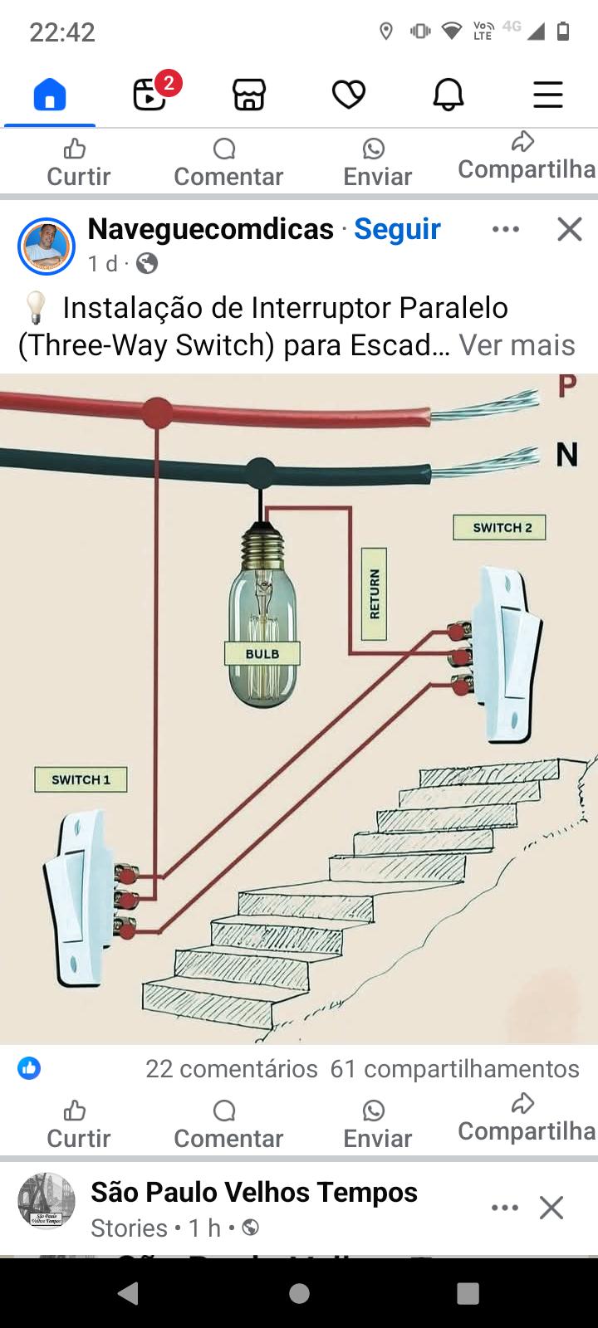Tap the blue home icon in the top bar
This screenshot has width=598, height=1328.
pyautogui.click(x=50, y=94)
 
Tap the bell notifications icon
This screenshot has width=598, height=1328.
pyautogui.click(x=448, y=95)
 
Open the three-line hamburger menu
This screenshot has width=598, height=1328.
pyautogui.click(x=548, y=95)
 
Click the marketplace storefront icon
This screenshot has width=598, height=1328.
pyautogui.click(x=249, y=95)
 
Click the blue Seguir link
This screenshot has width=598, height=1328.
pyautogui.click(x=397, y=229)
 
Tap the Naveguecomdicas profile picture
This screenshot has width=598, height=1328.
pyautogui.click(x=47, y=247)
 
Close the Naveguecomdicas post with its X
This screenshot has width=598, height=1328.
pyautogui.click(x=570, y=229)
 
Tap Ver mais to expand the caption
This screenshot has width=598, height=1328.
pyautogui.click(x=517, y=345)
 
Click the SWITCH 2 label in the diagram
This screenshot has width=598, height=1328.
pyautogui.click(x=500, y=528)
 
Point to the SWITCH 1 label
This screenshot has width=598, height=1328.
pyautogui.click(x=81, y=780)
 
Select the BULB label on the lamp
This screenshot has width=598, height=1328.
pyautogui.click(x=262, y=654)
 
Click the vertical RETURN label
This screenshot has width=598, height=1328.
pyautogui.click(x=375, y=594)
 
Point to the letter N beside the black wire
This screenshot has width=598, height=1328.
pyautogui.click(x=566, y=455)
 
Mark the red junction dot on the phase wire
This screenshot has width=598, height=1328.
pyautogui.click(x=157, y=412)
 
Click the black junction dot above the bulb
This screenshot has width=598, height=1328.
pyautogui.click(x=261, y=472)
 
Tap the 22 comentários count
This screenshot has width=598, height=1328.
pyautogui.click(x=232, y=1069)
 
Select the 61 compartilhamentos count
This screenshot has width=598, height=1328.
pyautogui.click(x=454, y=1069)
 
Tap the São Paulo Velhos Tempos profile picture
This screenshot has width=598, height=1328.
pyautogui.click(x=47, y=1200)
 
